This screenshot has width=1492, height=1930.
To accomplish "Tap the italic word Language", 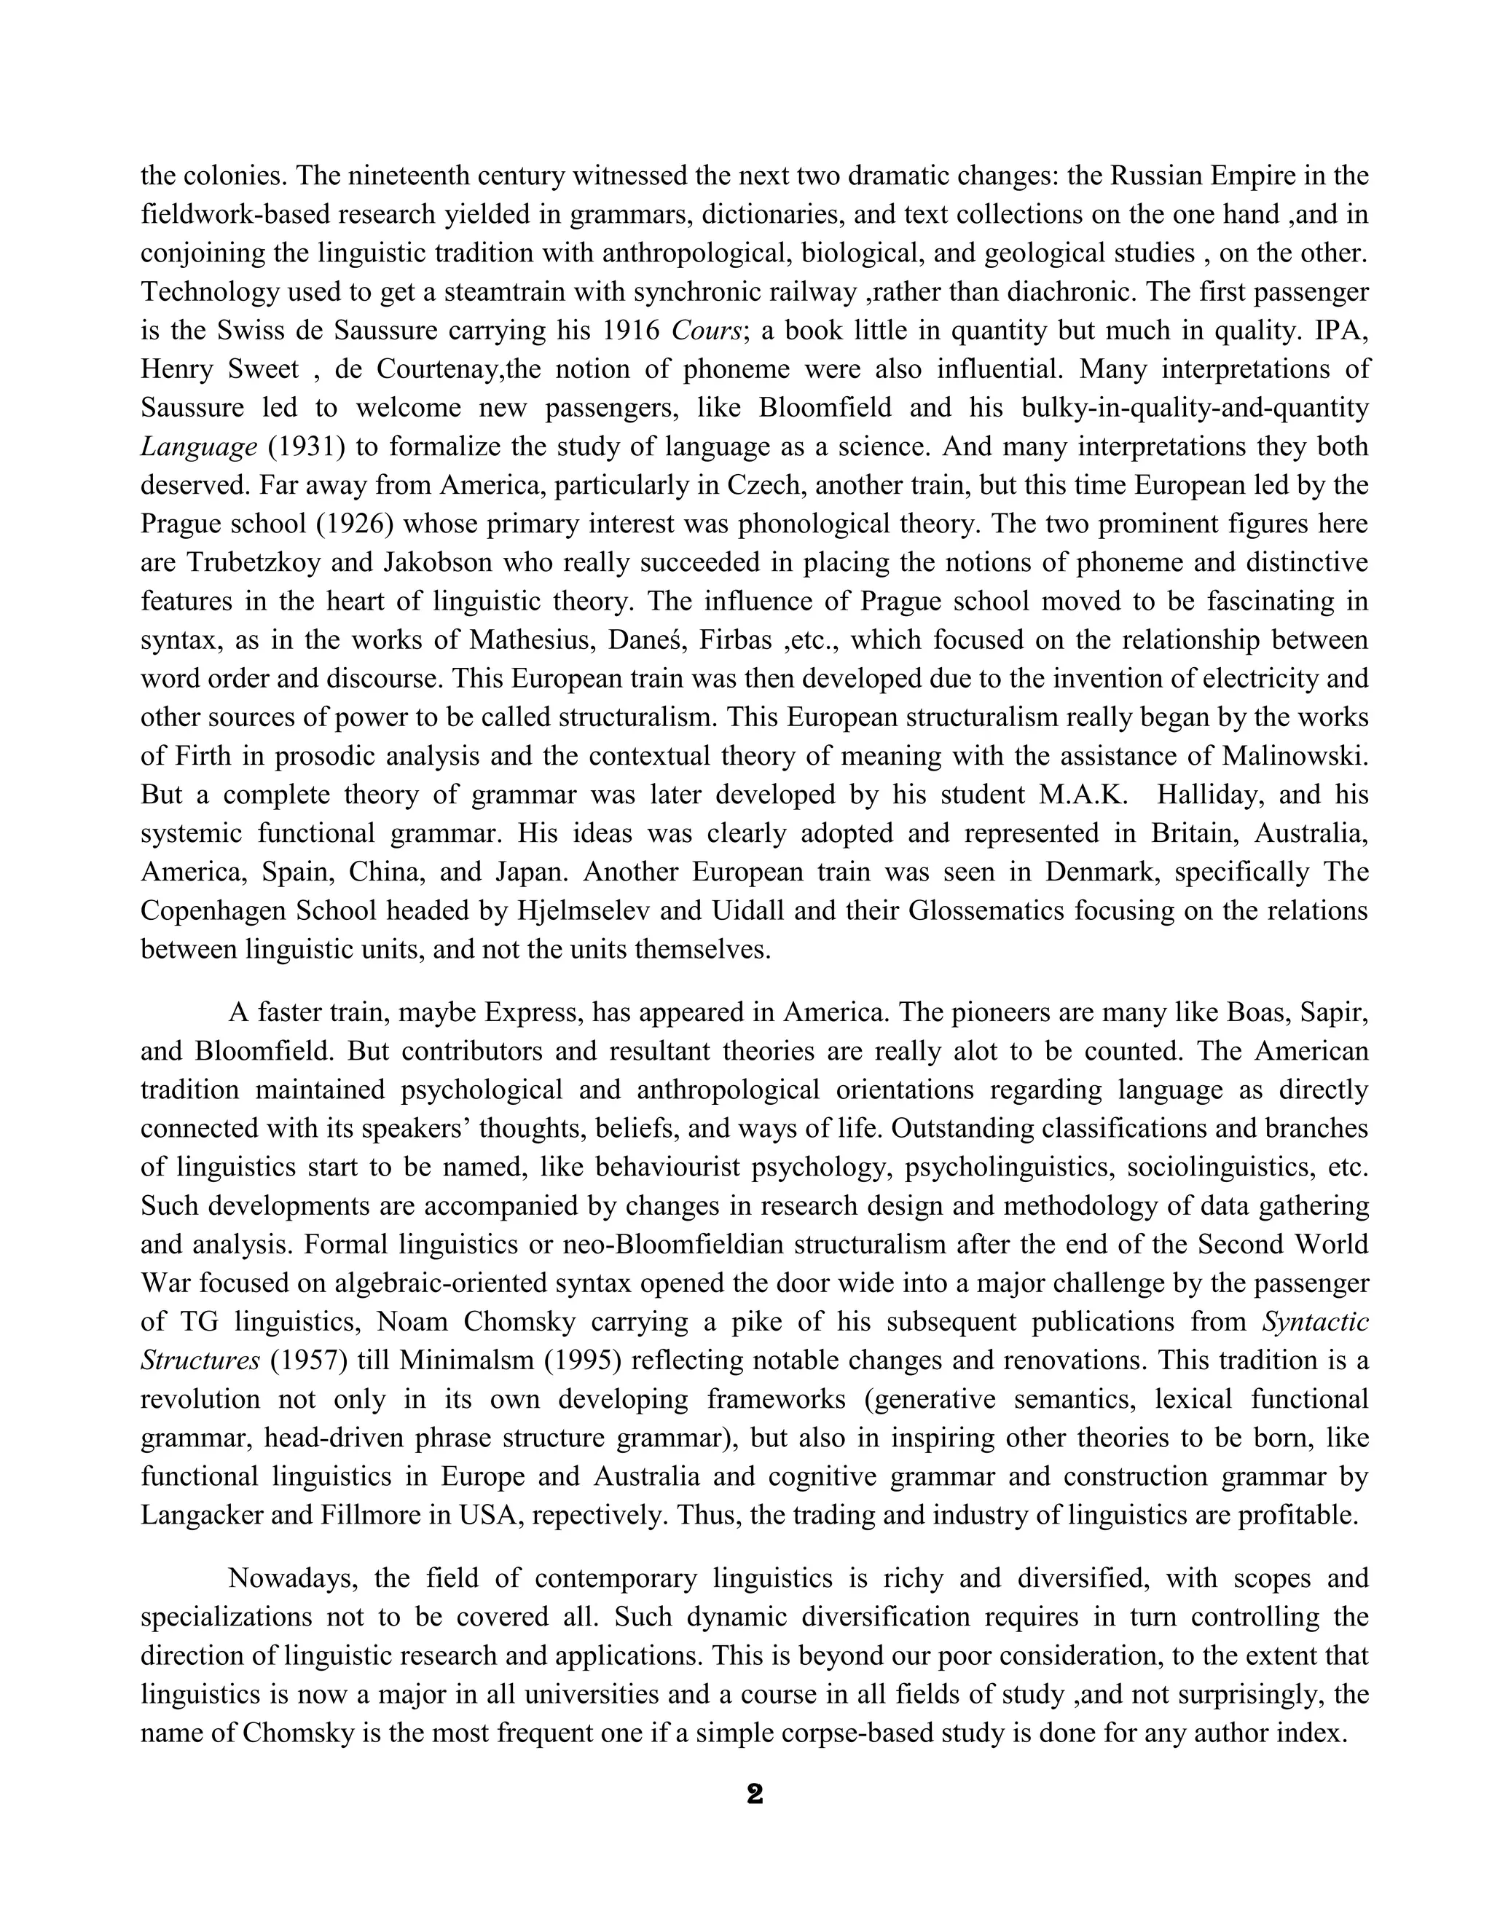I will coord(198,447).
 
